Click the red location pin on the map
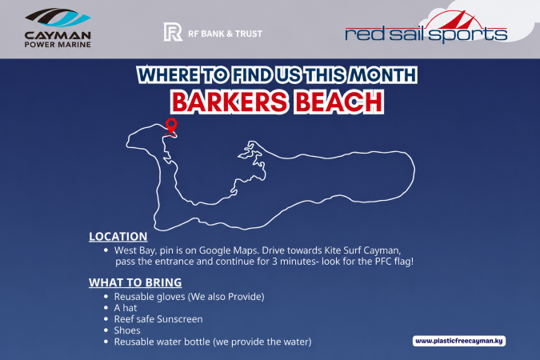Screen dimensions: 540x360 171,124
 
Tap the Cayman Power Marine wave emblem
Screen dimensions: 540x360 58,18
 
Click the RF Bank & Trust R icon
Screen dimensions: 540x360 173,32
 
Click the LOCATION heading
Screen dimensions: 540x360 118,236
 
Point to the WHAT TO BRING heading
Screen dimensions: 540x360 135,282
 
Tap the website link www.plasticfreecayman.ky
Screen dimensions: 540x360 459,341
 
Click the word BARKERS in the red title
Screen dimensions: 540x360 230,102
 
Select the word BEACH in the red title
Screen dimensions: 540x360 339,102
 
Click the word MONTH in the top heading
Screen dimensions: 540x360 382,75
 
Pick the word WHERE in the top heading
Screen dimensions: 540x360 168,75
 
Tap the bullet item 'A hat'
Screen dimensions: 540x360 126,308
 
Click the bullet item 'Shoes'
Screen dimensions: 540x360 127,330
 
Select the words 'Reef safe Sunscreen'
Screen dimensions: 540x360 158,319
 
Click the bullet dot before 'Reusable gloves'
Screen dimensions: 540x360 106,297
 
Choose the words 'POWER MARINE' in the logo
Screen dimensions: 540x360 58,45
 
